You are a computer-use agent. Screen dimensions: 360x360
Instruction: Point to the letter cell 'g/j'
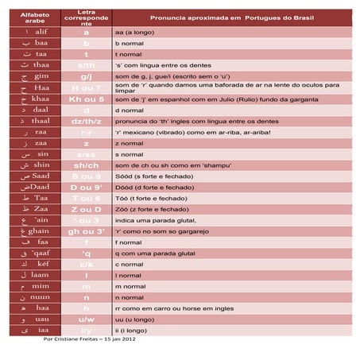pyautogui.click(x=86, y=76)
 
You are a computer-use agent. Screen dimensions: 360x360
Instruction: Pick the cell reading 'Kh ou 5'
pyautogui.click(x=86, y=99)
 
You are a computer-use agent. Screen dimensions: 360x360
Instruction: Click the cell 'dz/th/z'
pyautogui.click(x=86, y=121)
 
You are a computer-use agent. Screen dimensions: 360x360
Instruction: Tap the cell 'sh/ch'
pyautogui.click(x=86, y=165)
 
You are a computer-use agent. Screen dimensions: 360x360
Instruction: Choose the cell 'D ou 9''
pyautogui.click(x=86, y=187)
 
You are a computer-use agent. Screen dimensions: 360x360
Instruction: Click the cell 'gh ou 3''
pyautogui.click(x=86, y=231)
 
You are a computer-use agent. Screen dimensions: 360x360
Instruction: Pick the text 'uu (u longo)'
pyautogui.click(x=136, y=319)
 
